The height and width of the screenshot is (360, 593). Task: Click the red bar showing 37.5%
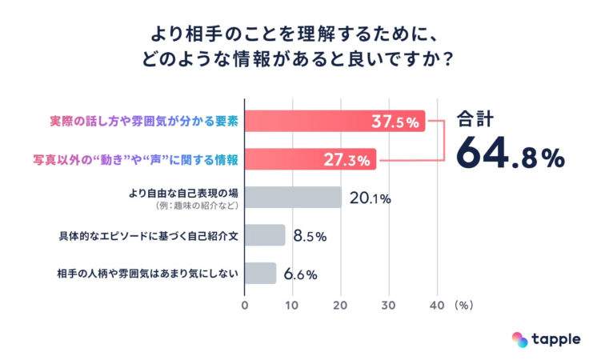[x=335, y=122]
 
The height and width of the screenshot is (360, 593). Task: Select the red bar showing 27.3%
[x=310, y=159]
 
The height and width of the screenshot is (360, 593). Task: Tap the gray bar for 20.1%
[x=293, y=198]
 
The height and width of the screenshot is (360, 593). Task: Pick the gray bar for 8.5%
[x=265, y=235]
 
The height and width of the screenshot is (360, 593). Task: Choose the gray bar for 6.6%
[x=260, y=273]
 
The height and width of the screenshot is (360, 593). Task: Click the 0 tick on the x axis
[x=245, y=305]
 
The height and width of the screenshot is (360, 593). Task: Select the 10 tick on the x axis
[x=293, y=305]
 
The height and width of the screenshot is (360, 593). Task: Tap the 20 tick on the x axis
[x=341, y=305]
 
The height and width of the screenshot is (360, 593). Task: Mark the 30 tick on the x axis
[x=389, y=305]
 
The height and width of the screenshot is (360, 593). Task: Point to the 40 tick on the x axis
[x=437, y=305]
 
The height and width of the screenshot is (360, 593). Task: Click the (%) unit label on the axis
[x=465, y=305]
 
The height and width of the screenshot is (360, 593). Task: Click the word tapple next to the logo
[x=557, y=339]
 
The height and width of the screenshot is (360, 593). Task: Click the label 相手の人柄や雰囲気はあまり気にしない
[x=148, y=273]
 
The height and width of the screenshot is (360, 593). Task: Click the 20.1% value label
[x=368, y=198]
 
